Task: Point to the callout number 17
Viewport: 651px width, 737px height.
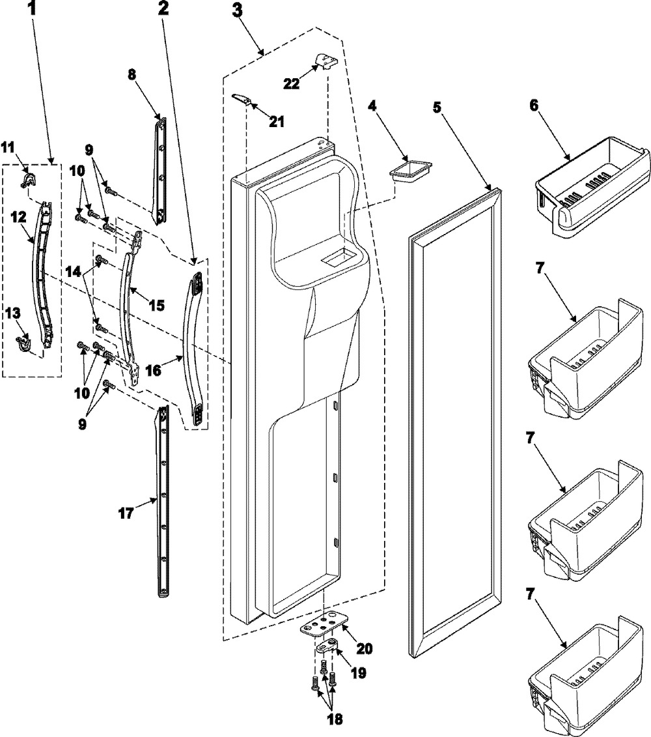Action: (x=125, y=514)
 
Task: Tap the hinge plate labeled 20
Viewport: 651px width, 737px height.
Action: (x=319, y=627)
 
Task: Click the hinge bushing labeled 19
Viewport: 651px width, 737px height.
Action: (x=329, y=648)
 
